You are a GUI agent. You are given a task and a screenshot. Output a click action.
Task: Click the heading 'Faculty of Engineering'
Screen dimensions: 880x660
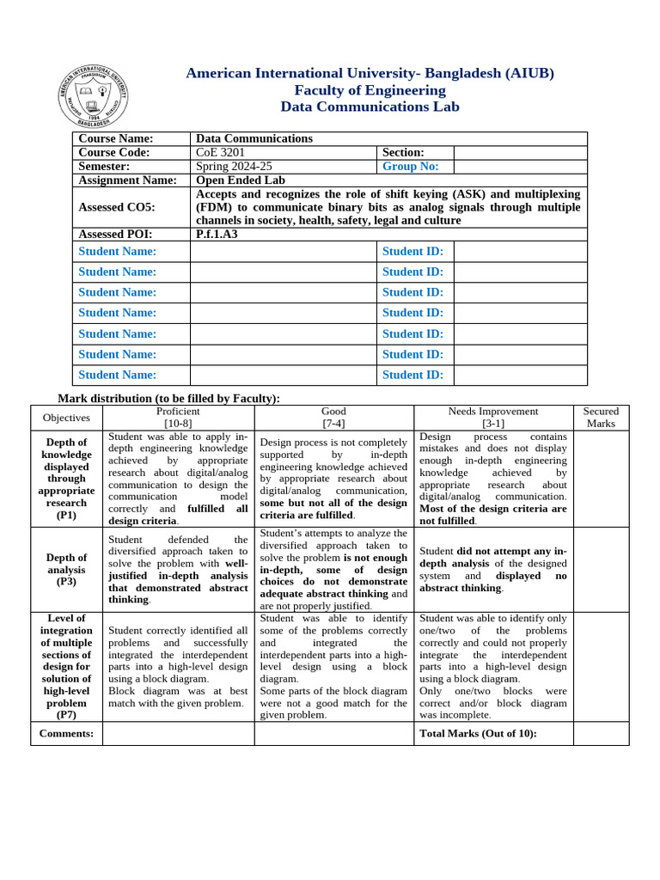(370, 90)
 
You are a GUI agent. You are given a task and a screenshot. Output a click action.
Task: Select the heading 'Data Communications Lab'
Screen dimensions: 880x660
(370, 107)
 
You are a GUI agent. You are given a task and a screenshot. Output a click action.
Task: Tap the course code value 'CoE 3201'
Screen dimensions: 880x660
(220, 152)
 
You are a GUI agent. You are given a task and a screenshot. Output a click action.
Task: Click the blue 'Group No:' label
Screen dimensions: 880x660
(410, 166)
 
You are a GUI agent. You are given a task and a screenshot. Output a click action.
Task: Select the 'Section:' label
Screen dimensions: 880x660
(404, 152)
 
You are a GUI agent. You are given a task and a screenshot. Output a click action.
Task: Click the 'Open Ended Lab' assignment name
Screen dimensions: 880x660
(240, 180)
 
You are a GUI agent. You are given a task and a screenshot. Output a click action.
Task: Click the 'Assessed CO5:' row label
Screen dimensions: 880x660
(117, 207)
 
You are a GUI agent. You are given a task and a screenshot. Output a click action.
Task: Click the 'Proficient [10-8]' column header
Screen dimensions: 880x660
(178, 418)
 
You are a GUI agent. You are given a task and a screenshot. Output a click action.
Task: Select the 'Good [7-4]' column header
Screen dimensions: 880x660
(333, 418)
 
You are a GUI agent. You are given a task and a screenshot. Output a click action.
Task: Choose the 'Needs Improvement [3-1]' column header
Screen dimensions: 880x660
(492, 418)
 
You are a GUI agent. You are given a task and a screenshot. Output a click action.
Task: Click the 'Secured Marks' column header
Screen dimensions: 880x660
(601, 418)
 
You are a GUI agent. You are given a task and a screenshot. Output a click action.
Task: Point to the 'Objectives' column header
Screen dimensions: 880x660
(66, 418)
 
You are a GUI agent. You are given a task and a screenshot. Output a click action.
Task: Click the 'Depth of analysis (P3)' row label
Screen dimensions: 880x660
(66, 569)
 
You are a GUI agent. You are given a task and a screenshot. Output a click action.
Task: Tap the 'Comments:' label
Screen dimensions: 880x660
(66, 733)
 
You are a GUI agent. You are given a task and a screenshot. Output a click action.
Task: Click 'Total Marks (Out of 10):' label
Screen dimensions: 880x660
(478, 733)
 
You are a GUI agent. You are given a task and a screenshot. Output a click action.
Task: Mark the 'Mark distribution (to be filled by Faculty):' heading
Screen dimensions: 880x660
(168, 398)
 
